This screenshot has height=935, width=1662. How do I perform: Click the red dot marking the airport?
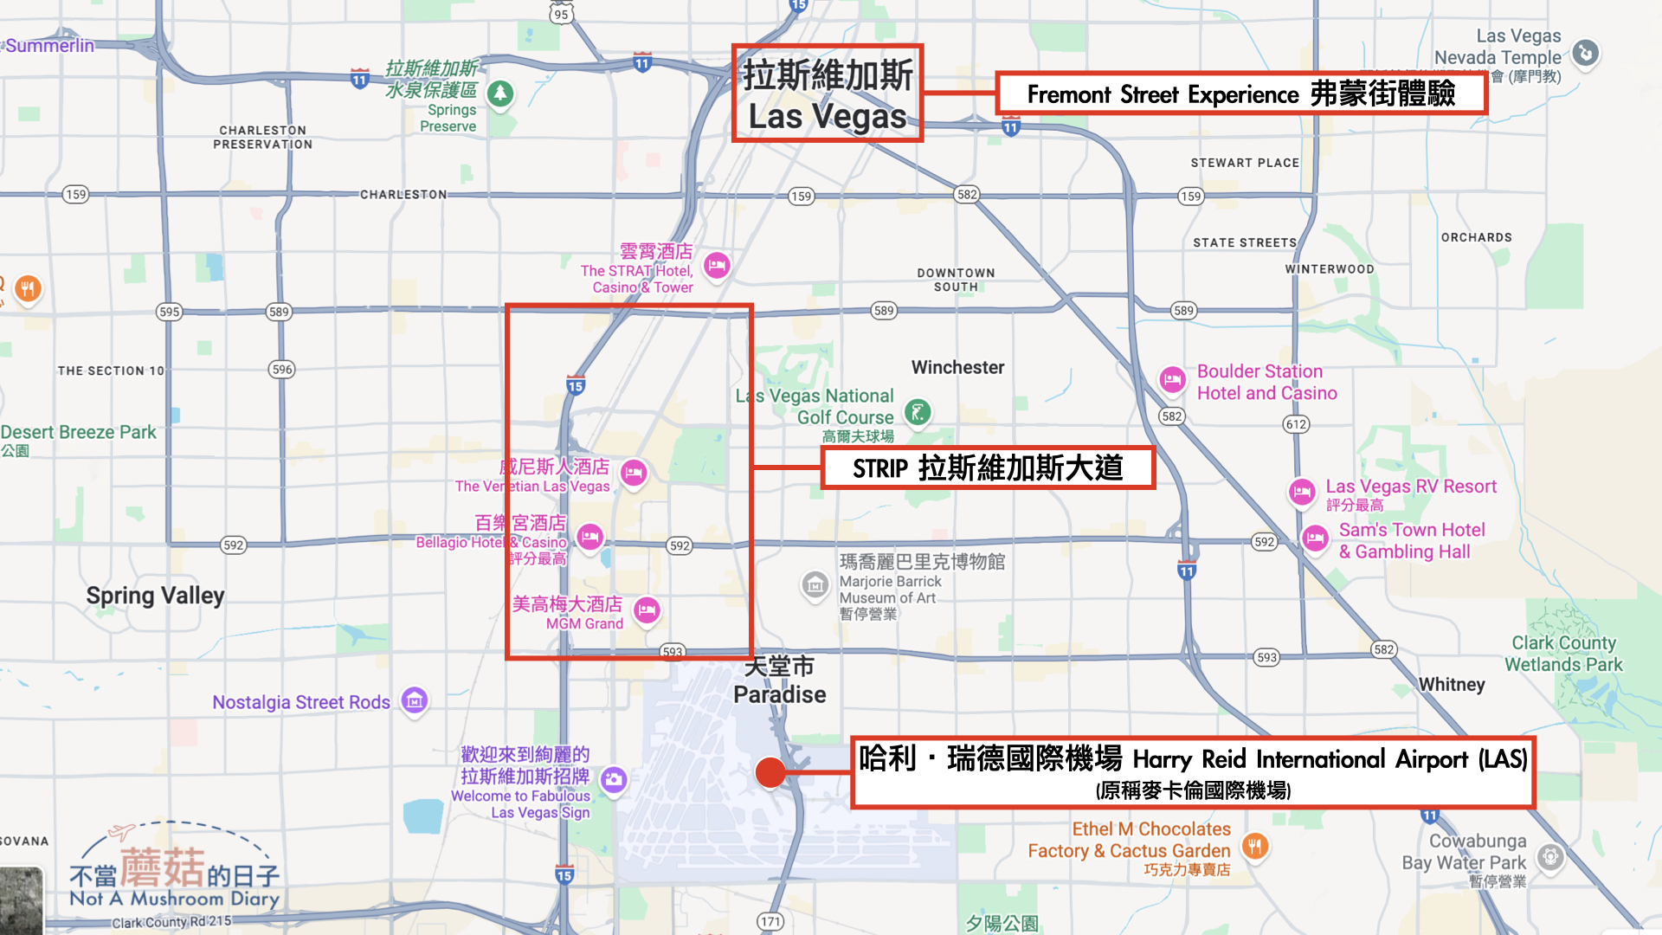(x=770, y=772)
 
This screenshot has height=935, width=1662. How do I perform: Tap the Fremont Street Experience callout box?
(x=1241, y=93)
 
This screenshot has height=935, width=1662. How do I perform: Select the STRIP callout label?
(x=988, y=468)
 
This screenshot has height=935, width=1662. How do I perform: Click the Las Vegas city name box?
(x=828, y=94)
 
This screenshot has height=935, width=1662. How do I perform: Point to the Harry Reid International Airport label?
(x=1193, y=772)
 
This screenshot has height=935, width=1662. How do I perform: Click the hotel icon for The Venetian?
(x=634, y=473)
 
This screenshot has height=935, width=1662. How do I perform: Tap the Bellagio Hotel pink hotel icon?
(x=589, y=537)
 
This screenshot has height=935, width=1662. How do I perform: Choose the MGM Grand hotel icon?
(x=647, y=610)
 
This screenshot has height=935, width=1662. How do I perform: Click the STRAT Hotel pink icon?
(x=717, y=265)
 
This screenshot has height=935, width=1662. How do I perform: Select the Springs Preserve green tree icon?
(x=500, y=93)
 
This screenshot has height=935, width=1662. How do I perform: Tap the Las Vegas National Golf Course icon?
(x=918, y=412)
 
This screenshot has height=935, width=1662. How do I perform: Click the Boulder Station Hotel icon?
(x=1172, y=379)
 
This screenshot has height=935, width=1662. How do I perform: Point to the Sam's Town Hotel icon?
(x=1315, y=538)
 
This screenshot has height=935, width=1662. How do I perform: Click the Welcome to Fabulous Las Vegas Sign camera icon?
(x=614, y=779)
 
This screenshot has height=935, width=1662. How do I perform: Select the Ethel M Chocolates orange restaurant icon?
(x=1254, y=845)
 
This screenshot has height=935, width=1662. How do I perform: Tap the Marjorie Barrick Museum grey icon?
(x=815, y=586)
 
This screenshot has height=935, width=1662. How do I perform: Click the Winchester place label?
(x=957, y=367)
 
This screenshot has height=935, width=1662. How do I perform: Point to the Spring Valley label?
(x=155, y=596)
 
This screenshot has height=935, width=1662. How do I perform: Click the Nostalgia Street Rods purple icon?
(x=415, y=700)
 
